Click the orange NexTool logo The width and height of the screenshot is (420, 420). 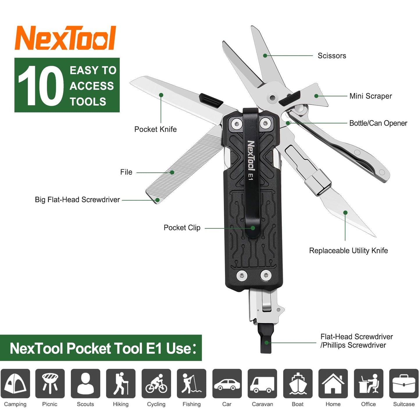[65, 38]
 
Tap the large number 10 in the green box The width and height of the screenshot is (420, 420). [41, 85]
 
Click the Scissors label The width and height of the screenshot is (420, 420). [332, 56]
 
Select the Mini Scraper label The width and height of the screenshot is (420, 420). [370, 96]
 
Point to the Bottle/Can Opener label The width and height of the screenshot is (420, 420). [378, 123]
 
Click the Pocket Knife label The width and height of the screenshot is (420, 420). [155, 129]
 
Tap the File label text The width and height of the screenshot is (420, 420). [126, 172]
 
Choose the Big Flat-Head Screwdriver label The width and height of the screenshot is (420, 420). [77, 200]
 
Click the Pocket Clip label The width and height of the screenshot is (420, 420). [182, 228]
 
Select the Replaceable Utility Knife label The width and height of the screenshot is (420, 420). [348, 251]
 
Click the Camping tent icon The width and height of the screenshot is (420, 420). [15, 383]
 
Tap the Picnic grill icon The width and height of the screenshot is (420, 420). [50, 383]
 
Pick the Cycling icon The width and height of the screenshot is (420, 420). [156, 383]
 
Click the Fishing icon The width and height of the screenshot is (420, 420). [192, 383]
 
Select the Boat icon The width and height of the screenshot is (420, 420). [298, 383]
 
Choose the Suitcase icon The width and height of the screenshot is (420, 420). [404, 383]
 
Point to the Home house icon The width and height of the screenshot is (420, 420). [333, 383]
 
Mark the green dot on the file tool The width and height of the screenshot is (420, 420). [172, 172]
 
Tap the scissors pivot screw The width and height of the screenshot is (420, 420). [272, 98]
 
